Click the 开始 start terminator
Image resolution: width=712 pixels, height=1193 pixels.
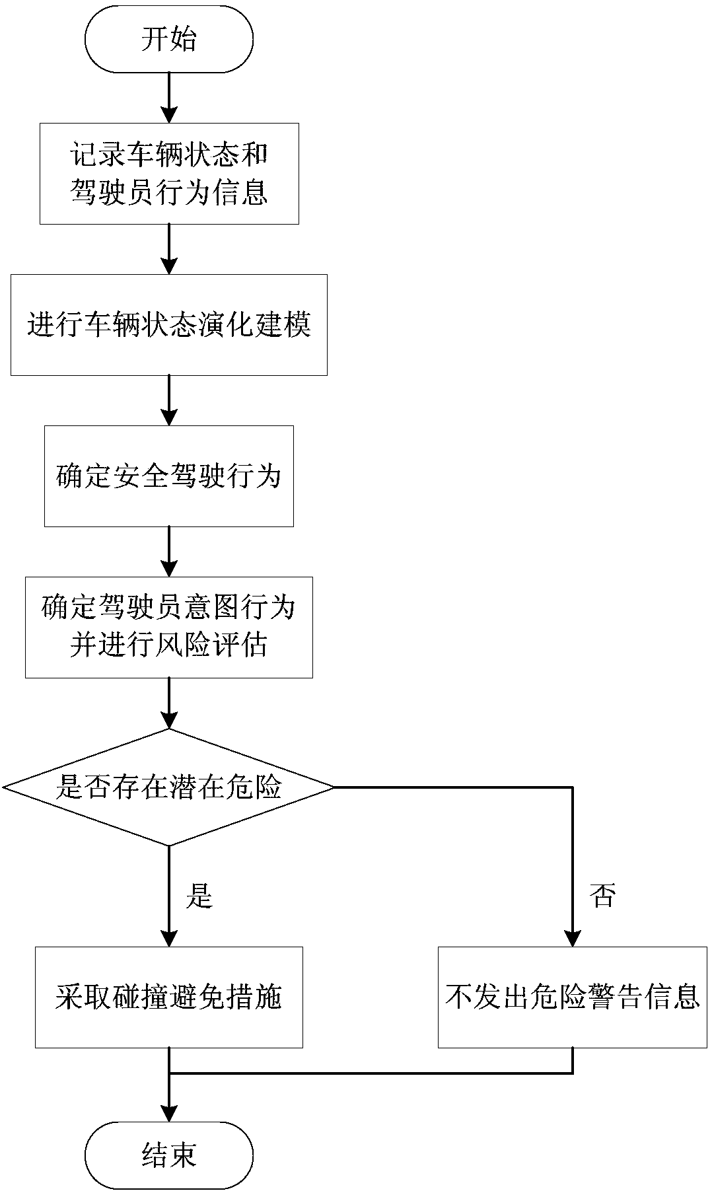169,40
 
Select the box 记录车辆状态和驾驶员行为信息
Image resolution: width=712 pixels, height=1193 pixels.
169,174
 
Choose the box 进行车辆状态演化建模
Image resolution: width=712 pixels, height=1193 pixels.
169,325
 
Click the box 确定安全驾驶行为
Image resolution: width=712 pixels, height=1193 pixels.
169,476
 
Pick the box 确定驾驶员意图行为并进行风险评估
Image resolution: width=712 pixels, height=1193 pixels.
169,627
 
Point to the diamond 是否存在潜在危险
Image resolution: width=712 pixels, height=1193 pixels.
169,787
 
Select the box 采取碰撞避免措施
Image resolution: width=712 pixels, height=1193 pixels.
169,997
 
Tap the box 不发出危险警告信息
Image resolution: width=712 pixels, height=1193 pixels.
573,997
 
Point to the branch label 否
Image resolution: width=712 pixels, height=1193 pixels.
602,896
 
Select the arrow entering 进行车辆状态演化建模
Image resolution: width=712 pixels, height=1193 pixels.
169,249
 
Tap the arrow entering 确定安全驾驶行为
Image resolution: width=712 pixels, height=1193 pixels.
169,400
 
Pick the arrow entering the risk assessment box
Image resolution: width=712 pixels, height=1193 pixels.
169,552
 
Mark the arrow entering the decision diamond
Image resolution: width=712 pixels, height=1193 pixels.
169,703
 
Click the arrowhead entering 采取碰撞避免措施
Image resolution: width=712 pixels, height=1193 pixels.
169,938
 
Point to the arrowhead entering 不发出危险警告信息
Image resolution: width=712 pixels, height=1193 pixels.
573,938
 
